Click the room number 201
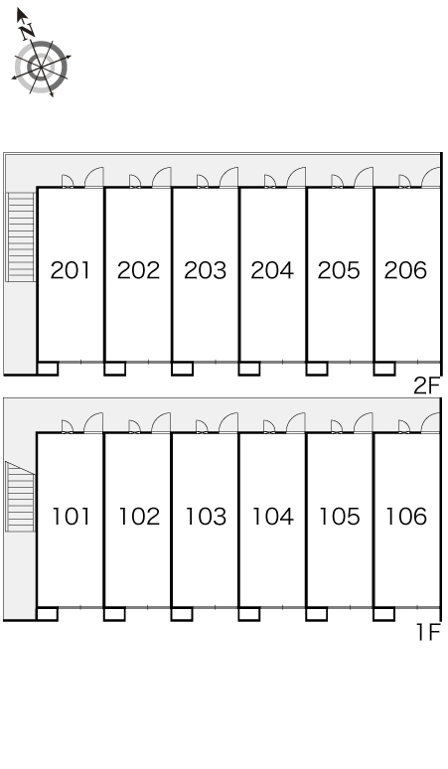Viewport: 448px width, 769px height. click(71, 270)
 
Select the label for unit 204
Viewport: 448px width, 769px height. click(272, 270)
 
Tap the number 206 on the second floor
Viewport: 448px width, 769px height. click(405, 270)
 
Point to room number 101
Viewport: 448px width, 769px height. click(72, 517)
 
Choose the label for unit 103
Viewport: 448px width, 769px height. click(206, 517)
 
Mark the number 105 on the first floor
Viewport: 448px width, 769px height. click(339, 517)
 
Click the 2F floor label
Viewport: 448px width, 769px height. click(427, 385)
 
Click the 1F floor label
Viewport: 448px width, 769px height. click(429, 632)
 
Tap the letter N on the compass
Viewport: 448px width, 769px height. click(28, 32)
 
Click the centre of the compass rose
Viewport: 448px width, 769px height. click(41, 67)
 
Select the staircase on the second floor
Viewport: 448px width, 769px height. click(21, 236)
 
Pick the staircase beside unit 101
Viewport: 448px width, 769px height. click(20, 497)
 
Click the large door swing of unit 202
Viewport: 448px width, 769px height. click(161, 177)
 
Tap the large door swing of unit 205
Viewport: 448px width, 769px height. click(364, 177)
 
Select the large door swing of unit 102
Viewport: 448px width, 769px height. click(161, 423)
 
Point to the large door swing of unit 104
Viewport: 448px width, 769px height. click(296, 423)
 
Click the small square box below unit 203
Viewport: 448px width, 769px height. click(183, 369)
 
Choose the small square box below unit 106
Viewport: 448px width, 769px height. click(384, 614)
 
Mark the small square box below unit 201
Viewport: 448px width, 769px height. click(48, 369)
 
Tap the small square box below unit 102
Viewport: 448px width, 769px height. click(114, 614)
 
